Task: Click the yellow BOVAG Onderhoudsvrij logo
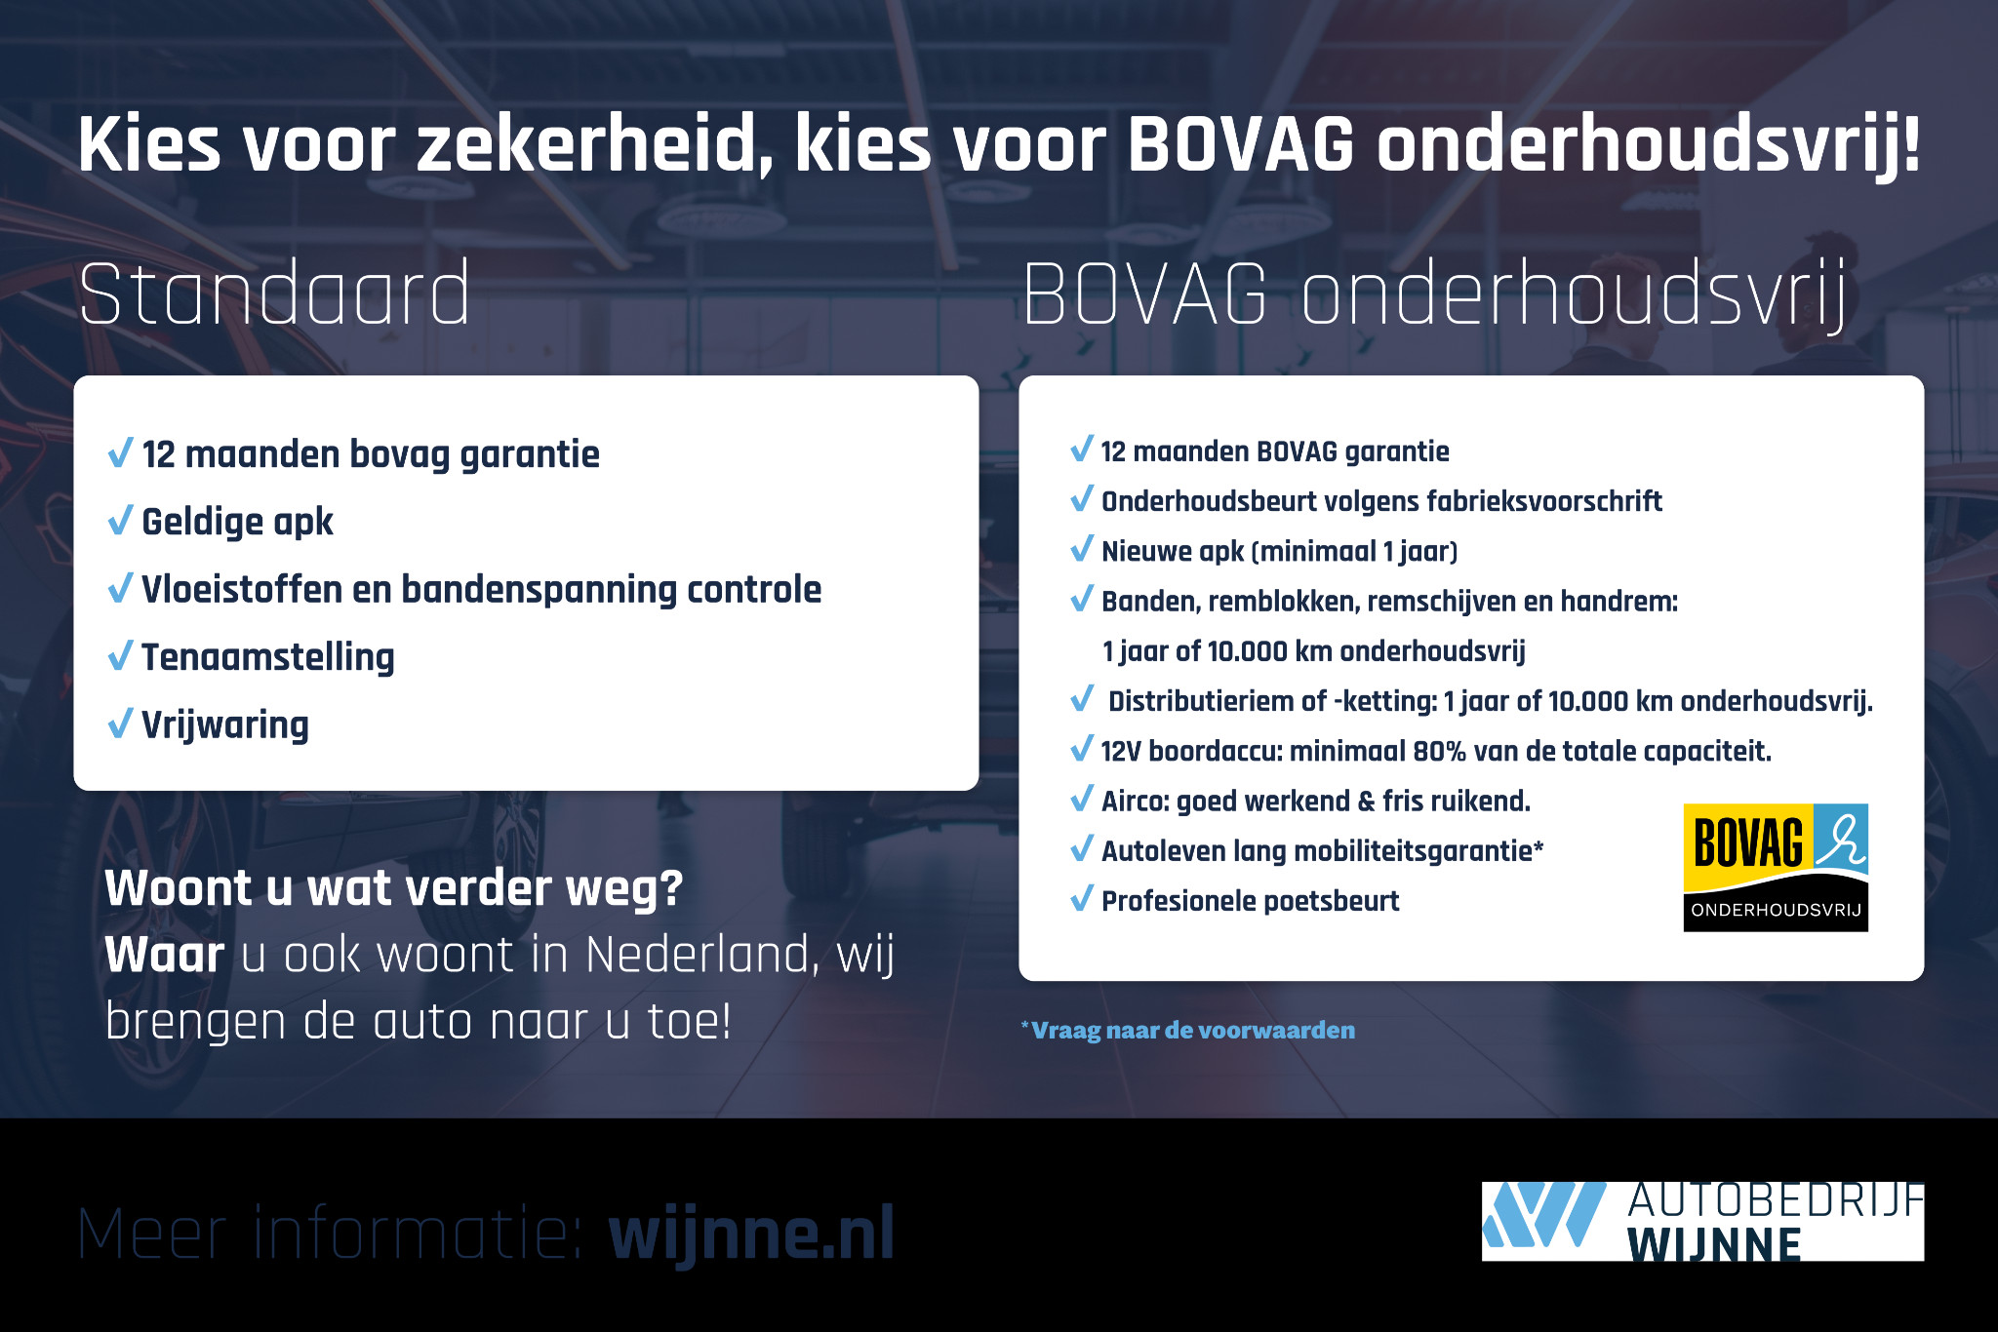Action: pos(1775,867)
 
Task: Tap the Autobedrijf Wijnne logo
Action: pos(1701,1221)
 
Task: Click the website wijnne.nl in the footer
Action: pos(751,1234)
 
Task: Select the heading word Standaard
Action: pos(274,294)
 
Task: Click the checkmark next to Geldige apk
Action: pos(120,521)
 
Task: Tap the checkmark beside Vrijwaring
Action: pos(120,724)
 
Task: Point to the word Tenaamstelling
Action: pos(267,657)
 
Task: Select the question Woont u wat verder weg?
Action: pos(393,887)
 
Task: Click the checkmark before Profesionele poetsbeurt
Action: pos(1081,899)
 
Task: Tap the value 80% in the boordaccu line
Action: pos(1439,751)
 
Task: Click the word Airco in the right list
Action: pos(1135,801)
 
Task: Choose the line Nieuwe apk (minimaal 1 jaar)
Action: pos(1278,551)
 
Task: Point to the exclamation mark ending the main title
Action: pos(1910,144)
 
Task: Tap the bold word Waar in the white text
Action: pos(164,954)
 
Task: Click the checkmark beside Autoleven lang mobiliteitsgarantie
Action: pos(1081,849)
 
